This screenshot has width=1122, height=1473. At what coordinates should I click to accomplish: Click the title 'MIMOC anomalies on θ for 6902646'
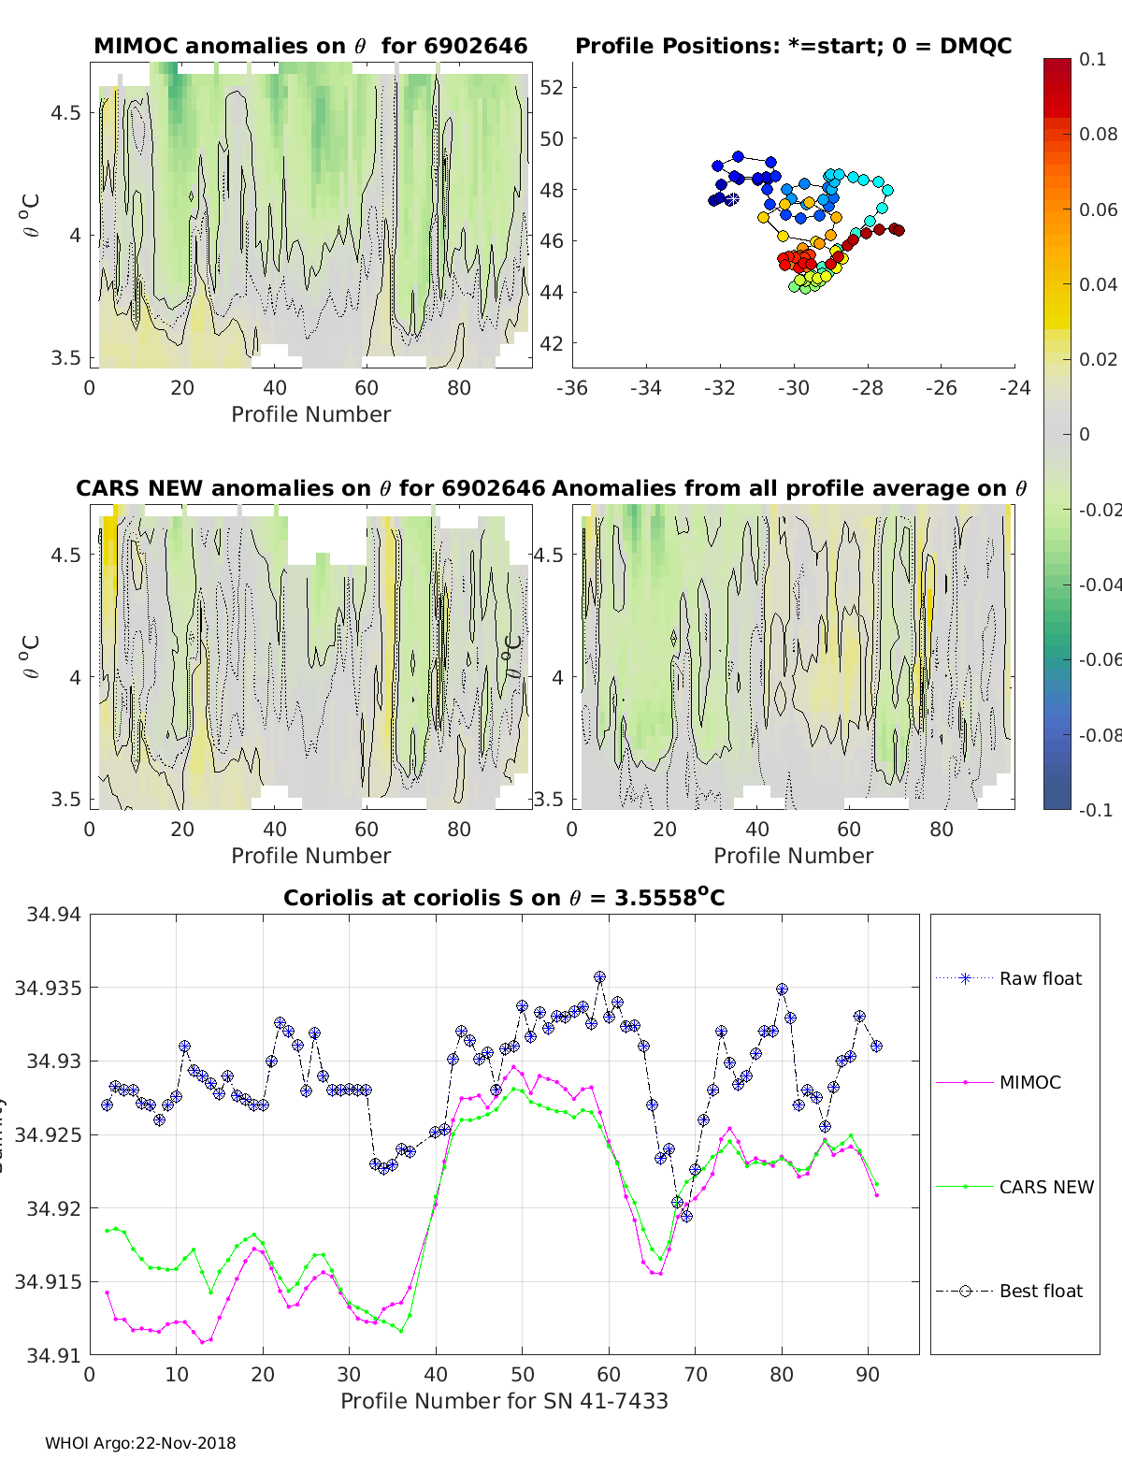(x=310, y=46)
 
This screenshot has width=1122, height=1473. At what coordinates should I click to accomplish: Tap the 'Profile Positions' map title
(x=793, y=46)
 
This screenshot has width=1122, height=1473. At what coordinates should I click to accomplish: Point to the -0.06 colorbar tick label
(x=1098, y=659)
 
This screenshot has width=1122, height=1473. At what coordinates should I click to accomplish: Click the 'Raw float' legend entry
(x=1040, y=979)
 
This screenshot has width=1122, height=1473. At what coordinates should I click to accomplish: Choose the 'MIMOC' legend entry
(x=1029, y=1083)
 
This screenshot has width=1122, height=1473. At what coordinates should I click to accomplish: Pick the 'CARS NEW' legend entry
(x=1045, y=1187)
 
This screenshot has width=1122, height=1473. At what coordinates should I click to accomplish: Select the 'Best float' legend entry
(x=1040, y=1292)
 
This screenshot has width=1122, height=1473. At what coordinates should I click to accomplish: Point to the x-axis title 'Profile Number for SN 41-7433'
(x=504, y=1401)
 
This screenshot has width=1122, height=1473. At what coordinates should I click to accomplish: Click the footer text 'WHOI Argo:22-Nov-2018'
(x=140, y=1443)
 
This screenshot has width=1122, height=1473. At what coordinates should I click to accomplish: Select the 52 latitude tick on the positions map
(x=552, y=88)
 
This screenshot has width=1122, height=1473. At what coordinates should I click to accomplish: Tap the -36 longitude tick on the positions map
(x=572, y=388)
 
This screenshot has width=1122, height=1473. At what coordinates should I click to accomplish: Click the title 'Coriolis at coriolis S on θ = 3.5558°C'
(x=504, y=899)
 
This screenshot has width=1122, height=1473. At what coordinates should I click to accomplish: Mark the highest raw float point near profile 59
(x=599, y=977)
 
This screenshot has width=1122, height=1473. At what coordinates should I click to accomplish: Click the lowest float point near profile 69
(x=686, y=1216)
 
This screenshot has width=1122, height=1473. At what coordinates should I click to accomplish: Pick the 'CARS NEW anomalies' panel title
(x=310, y=488)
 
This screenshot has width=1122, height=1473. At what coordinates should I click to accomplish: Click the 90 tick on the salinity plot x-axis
(x=868, y=1374)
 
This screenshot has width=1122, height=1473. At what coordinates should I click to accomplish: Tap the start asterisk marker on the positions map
(x=731, y=199)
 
